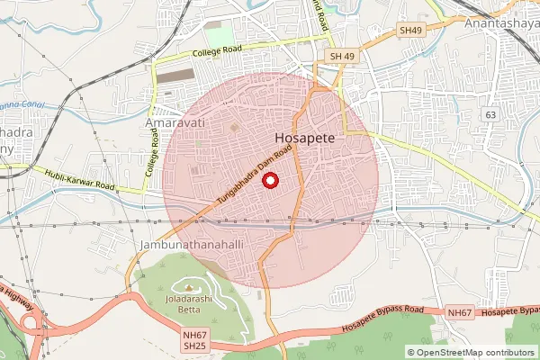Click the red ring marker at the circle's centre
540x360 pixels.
[x=269, y=181]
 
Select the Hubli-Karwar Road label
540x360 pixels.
[x=86, y=180]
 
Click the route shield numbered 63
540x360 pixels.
[x=490, y=115]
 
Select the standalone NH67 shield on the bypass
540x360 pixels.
[x=459, y=312]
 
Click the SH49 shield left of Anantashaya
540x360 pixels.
[x=410, y=31]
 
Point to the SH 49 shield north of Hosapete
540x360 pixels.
[x=339, y=57]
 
